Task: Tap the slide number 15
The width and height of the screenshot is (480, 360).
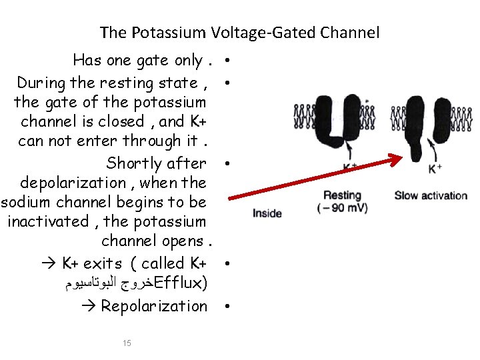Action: click(x=127, y=343)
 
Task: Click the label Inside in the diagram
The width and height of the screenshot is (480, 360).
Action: click(x=267, y=213)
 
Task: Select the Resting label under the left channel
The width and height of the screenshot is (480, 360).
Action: click(x=342, y=195)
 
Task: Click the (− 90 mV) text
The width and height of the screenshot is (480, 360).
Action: click(x=342, y=208)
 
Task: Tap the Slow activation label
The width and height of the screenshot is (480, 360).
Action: click(x=431, y=195)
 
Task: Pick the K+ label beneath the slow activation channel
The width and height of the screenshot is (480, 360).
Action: click(x=435, y=169)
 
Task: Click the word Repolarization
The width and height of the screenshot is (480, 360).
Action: click(x=154, y=306)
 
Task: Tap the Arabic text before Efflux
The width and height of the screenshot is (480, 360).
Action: click(x=111, y=285)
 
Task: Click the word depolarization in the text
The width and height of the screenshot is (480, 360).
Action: click(x=73, y=183)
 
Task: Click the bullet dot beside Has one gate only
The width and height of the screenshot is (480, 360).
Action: click(x=228, y=61)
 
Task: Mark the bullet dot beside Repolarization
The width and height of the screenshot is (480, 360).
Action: click(x=228, y=307)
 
